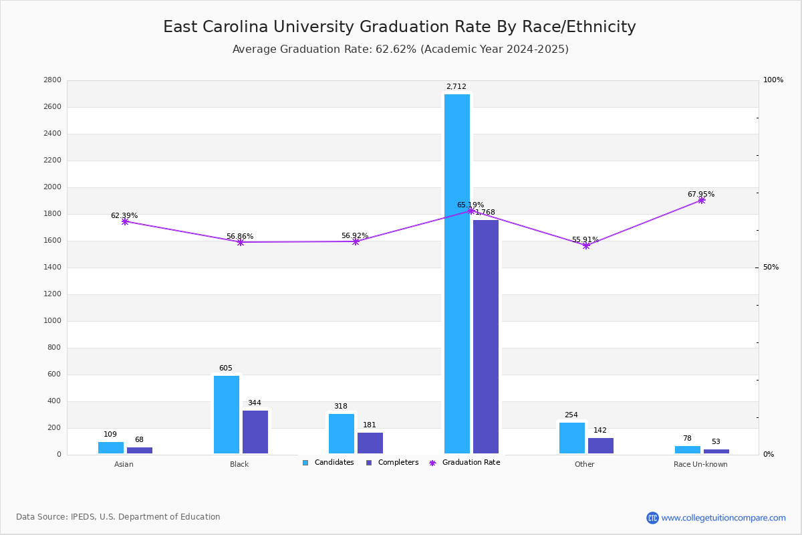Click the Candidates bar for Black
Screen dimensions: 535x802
pos(227,415)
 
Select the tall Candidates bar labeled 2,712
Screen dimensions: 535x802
pos(457,274)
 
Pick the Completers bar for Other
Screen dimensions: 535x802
pos(601,446)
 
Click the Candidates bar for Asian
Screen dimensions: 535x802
pos(111,448)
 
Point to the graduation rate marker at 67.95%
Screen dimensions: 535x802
pos(702,200)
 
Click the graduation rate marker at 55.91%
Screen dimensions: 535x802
pos(586,245)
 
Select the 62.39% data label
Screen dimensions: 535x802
pos(124,216)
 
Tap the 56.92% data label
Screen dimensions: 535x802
pos(355,236)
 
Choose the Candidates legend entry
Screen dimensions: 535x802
pos(328,463)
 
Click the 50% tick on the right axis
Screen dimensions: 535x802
pos(771,267)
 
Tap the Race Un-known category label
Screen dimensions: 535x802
pos(700,464)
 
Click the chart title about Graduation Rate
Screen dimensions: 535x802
pos(400,27)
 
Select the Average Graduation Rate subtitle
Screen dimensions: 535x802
pos(400,49)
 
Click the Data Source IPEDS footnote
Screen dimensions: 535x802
pos(118,517)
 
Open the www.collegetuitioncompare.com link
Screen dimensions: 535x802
pos(723,518)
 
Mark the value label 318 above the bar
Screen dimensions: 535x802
pos(341,407)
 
